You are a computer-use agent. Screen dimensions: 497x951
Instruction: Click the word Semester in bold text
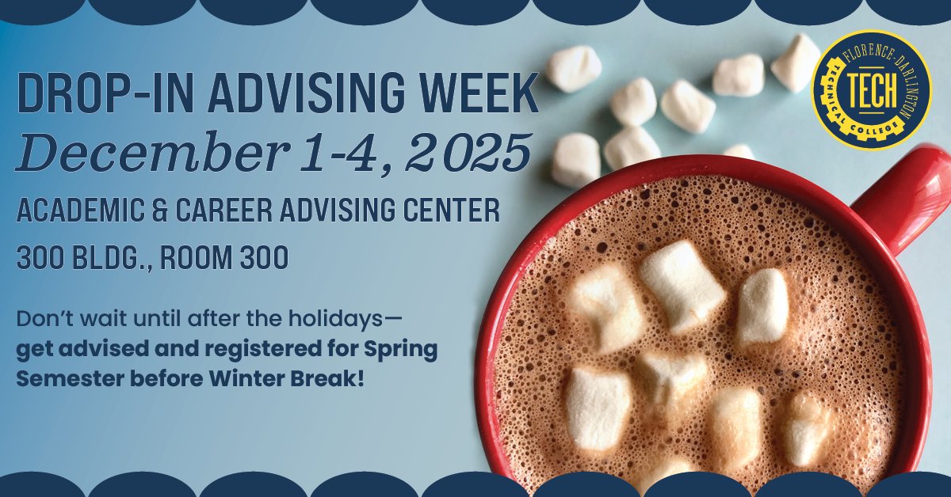(x=59, y=377)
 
